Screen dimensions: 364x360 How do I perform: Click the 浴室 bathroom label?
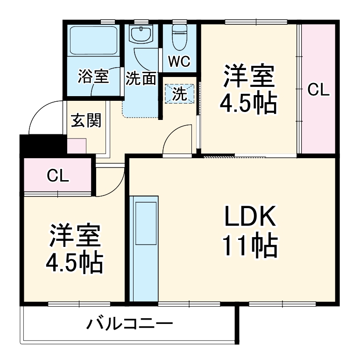click(93, 76)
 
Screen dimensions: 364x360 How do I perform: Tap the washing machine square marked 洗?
click(179, 94)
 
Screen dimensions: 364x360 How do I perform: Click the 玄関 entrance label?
click(86, 120)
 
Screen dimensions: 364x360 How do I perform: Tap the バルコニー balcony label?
click(129, 323)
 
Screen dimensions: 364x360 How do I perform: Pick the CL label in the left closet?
click(58, 176)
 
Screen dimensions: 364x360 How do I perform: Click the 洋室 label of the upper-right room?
click(248, 77)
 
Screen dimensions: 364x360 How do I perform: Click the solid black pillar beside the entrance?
click(42, 146)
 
